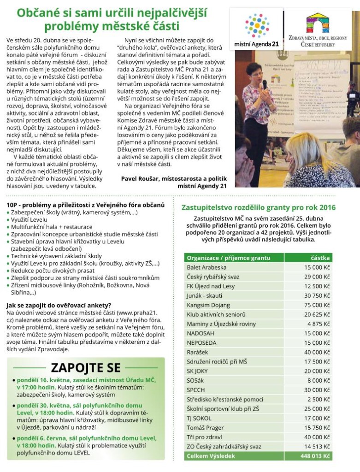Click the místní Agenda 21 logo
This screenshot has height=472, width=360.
tap(257, 29)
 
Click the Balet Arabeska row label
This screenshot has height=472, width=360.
tap(207, 267)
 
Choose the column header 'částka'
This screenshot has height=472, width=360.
tap(320, 258)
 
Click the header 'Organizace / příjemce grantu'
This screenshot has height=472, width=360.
tap(229, 258)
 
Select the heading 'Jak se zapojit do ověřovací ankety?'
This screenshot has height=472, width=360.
tap(59, 305)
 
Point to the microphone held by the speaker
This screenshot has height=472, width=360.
tap(264, 84)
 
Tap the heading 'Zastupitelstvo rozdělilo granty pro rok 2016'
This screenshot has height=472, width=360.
tap(259, 207)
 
